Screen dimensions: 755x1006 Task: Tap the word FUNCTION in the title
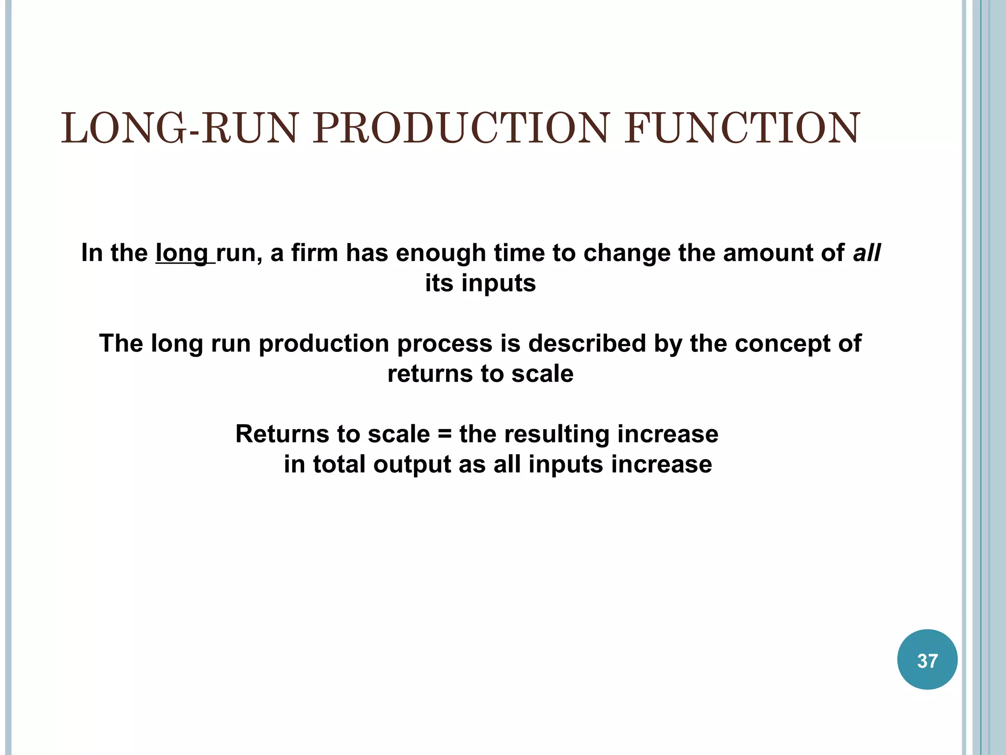point(742,128)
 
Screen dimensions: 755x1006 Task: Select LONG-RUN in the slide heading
point(179,128)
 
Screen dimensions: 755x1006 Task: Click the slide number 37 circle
point(927,660)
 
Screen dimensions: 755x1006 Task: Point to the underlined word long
point(182,254)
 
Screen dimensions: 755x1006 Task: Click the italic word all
point(866,253)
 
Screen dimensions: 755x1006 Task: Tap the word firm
point(314,253)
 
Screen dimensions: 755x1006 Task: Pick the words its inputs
point(480,284)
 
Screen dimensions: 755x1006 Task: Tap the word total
point(339,465)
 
